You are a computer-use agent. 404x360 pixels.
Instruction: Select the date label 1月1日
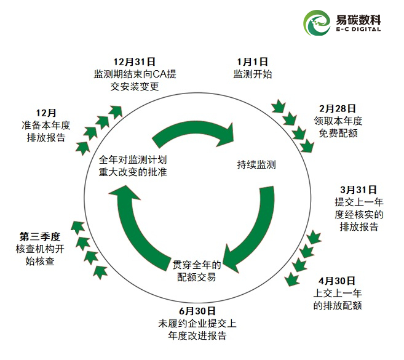253,62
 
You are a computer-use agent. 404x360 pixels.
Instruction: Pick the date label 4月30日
336,280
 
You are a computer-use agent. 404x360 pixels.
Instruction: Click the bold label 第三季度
40,236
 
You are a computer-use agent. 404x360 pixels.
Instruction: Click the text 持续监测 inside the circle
256,165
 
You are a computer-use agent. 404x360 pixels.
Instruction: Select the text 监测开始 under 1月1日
253,74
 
